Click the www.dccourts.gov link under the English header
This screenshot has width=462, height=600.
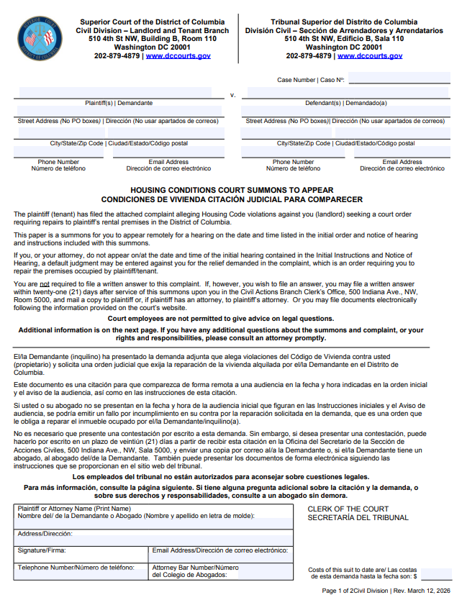coord(178,55)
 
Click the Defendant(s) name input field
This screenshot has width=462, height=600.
coord(345,94)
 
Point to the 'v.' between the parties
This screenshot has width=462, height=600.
coord(232,95)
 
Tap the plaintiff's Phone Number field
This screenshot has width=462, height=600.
coord(59,153)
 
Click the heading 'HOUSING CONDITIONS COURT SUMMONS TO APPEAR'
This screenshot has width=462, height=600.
coord(232,190)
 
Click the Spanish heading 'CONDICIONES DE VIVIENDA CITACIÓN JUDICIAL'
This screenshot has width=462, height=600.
coord(232,199)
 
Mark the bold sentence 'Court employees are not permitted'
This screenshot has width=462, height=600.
coord(231,318)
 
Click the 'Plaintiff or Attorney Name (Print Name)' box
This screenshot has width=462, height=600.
coord(154,517)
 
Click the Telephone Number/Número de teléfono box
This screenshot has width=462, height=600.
coord(81,572)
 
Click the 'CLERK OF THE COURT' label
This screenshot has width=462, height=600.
coord(348,509)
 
